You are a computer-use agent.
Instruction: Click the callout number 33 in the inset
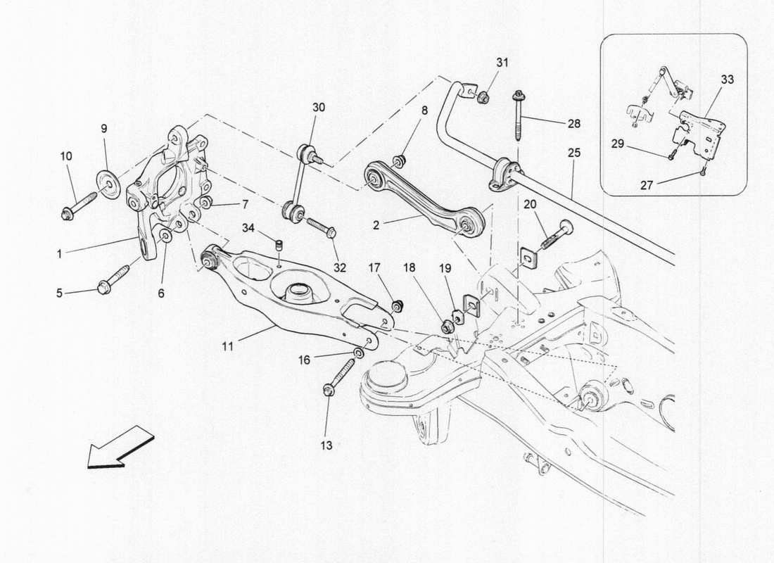(x=727, y=80)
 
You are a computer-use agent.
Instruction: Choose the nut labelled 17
(x=398, y=305)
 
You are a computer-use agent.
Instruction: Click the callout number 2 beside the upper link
(x=376, y=226)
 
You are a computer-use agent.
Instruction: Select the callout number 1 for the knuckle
(x=60, y=253)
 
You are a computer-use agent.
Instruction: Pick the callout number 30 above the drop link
(x=319, y=108)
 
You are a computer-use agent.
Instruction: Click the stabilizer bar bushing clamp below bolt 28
(x=505, y=176)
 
